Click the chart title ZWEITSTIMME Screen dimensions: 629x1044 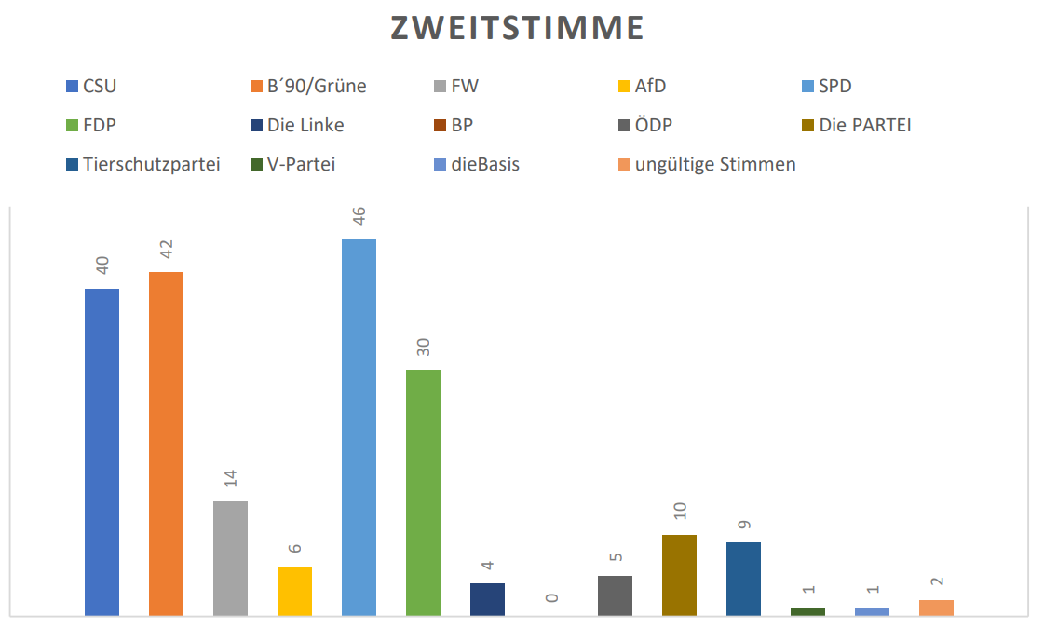[517, 29]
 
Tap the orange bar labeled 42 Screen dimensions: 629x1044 [166, 444]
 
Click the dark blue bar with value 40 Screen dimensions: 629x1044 [102, 452]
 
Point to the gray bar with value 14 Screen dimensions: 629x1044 [230, 558]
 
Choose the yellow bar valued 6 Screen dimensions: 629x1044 [294, 591]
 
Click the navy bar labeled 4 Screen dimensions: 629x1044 [487, 599]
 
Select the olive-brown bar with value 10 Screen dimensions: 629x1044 [679, 575]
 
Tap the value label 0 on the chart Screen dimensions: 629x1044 [552, 597]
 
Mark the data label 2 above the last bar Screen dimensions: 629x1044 [937, 581]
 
